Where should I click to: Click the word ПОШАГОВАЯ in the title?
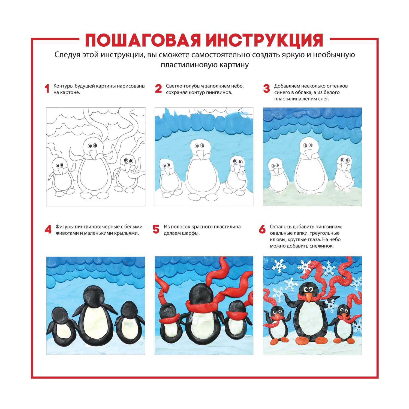pos(143,41)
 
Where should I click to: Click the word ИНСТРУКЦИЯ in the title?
pos(265,41)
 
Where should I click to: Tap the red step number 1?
pos(47,89)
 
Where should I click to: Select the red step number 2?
pos(158,89)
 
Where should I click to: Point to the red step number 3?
pos(266,89)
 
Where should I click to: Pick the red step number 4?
pos(48,230)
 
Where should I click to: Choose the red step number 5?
pos(156,230)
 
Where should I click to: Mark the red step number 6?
pos(262,230)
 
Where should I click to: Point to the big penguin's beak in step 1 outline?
pos(93,155)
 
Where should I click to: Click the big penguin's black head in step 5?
pos(201,293)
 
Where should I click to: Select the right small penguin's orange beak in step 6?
pos(344,316)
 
